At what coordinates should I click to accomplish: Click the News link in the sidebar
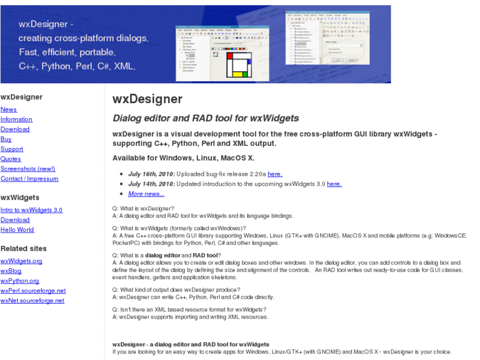point(9,110)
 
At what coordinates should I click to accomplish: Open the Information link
point(17,120)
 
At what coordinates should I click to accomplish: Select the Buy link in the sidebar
point(6,139)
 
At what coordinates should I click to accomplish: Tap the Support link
point(12,149)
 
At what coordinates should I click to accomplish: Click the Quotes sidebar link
point(11,159)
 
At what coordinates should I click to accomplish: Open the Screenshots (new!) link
point(28,169)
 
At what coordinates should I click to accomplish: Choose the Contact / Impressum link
point(29,179)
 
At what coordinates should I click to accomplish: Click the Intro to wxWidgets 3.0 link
point(32,210)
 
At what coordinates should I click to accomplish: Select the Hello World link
point(17,230)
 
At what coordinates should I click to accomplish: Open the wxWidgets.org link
point(22,261)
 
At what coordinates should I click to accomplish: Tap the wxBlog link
point(11,271)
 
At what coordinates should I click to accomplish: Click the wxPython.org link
point(20,281)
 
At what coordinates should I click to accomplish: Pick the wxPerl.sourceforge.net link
point(33,291)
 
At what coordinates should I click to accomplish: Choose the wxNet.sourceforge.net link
point(32,301)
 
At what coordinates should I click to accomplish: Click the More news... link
point(146,194)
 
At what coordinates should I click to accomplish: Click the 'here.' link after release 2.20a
point(275,174)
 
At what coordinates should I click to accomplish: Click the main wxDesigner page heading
point(147,100)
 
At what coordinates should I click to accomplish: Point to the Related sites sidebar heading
point(24,248)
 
